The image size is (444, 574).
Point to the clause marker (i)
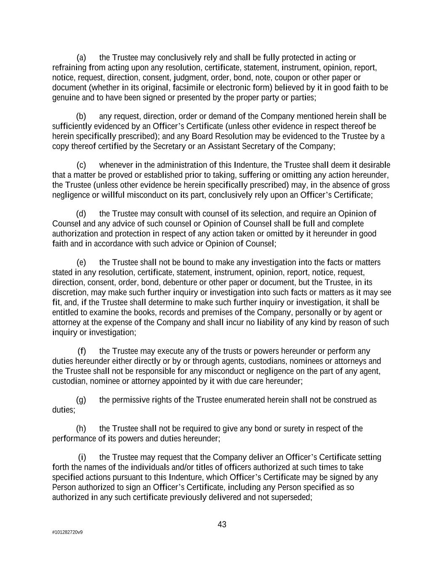82,458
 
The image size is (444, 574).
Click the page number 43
222,524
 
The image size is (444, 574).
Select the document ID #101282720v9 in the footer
67,532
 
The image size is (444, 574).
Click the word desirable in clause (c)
374,165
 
